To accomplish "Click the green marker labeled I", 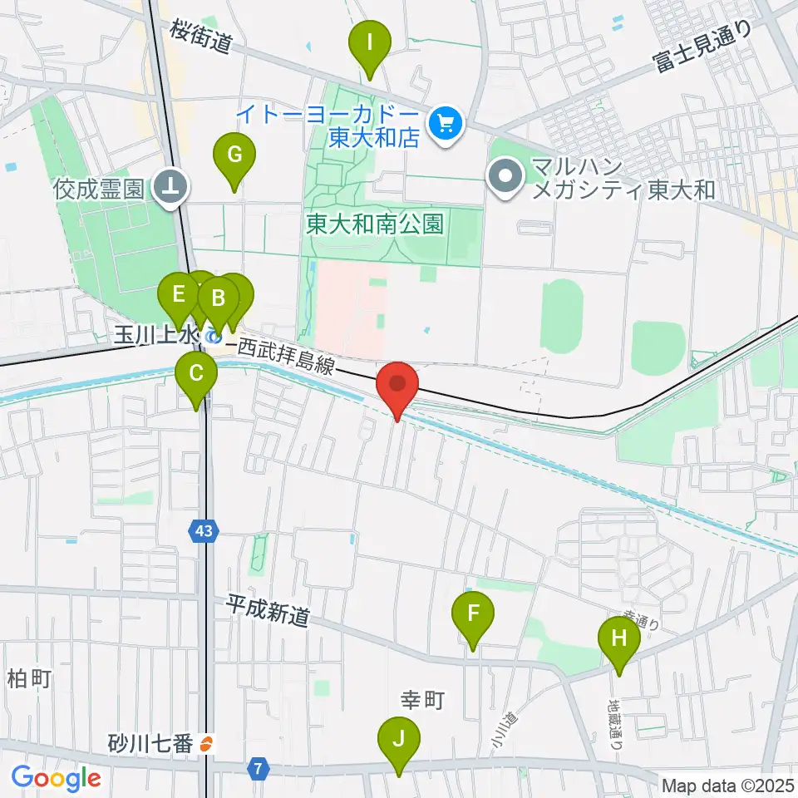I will pyautogui.click(x=370, y=40).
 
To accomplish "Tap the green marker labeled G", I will pyautogui.click(x=234, y=155).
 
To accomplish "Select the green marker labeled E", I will pyautogui.click(x=178, y=294).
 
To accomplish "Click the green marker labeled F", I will pyautogui.click(x=473, y=614).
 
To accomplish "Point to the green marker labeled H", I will pyautogui.click(x=619, y=639).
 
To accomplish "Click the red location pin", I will pyautogui.click(x=397, y=385).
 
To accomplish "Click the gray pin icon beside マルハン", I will pyautogui.click(x=505, y=175).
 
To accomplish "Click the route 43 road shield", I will pyautogui.click(x=204, y=530).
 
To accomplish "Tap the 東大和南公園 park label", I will pyautogui.click(x=374, y=224).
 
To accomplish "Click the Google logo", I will pyautogui.click(x=56, y=778).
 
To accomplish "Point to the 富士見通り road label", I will pyautogui.click(x=702, y=47).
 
